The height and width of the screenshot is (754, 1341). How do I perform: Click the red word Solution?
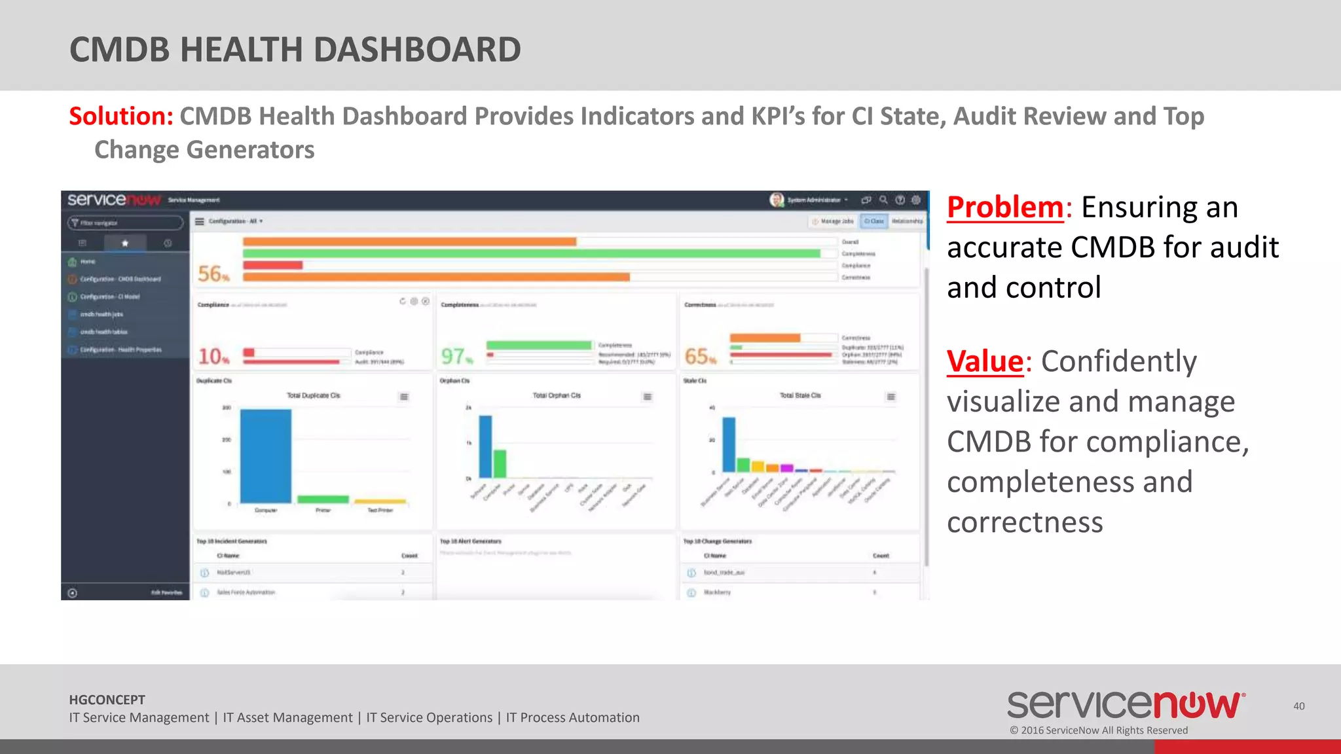(x=120, y=117)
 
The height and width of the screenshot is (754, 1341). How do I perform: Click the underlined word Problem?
(x=1005, y=207)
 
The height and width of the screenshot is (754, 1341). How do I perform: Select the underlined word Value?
(x=985, y=361)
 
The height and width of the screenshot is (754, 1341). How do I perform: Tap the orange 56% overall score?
(x=213, y=274)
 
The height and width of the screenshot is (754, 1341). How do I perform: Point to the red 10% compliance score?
(x=213, y=356)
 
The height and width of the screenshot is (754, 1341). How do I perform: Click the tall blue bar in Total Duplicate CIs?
(x=265, y=456)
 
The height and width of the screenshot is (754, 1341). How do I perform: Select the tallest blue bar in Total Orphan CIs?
(x=485, y=446)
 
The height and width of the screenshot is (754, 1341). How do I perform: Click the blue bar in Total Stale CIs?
(x=728, y=444)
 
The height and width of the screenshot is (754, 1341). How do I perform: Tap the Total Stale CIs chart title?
(x=799, y=395)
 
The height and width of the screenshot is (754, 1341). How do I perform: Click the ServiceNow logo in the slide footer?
(x=1126, y=705)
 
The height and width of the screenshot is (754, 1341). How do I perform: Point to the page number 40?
(x=1298, y=706)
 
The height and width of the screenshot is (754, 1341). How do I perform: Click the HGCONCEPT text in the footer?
(x=107, y=700)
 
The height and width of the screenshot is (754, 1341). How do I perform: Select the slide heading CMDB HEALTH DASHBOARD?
(x=295, y=50)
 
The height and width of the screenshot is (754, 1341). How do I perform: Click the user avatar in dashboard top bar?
(x=777, y=200)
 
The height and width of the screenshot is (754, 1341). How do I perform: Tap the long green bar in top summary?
(x=531, y=253)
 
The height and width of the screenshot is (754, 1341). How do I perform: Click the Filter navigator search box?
(x=125, y=223)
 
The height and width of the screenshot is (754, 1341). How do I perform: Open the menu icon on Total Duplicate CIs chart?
(x=404, y=397)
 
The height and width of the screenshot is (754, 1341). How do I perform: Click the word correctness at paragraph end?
(x=1025, y=522)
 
